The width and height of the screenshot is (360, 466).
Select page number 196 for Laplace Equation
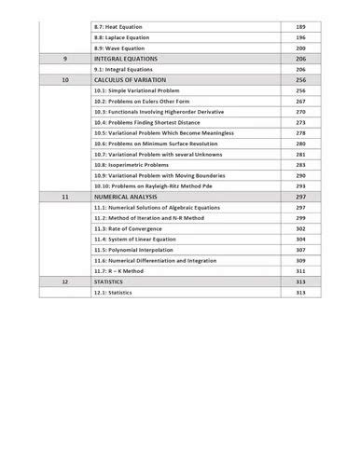(x=300, y=37)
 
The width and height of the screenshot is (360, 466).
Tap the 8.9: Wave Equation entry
(x=119, y=48)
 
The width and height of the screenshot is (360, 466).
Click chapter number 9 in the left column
(x=64, y=59)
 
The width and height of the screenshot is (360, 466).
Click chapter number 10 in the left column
(x=64, y=80)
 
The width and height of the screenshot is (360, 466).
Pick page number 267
(x=300, y=102)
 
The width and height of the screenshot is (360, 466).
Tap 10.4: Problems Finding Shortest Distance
(x=154, y=123)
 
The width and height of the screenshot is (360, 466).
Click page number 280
(x=300, y=144)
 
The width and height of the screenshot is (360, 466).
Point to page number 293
(x=300, y=186)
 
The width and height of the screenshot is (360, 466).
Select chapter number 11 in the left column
(x=64, y=199)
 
